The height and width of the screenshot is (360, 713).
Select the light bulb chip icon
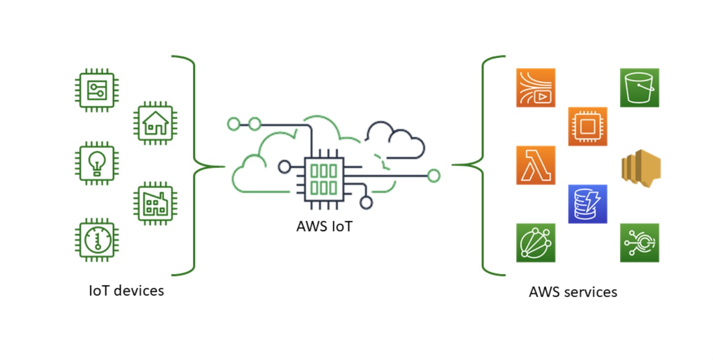tap(97, 162)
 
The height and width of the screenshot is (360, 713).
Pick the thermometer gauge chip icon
tap(97, 239)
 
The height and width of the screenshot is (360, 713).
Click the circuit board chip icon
tap(97, 90)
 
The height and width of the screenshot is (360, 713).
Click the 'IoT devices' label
tap(126, 290)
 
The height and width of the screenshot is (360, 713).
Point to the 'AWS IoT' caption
tap(325, 226)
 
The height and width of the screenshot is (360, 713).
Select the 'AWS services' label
tap(573, 292)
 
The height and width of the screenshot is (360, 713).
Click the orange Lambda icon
tap(536, 165)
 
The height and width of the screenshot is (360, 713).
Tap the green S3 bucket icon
tap(639, 88)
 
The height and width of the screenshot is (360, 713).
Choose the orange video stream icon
tap(536, 88)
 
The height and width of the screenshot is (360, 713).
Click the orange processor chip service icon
tap(587, 126)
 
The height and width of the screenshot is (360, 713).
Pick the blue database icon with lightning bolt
tap(587, 204)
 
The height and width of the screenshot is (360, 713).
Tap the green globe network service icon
tap(536, 242)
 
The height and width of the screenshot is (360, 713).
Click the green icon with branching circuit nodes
tap(639, 242)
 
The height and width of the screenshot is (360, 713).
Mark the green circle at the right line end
tap(434, 176)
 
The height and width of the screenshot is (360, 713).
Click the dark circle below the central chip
tap(366, 203)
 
